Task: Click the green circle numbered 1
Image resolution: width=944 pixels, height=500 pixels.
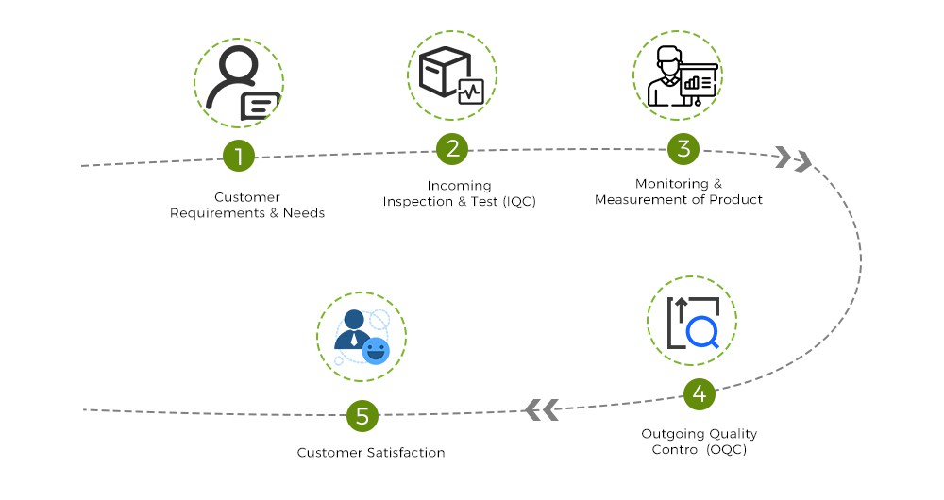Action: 239,156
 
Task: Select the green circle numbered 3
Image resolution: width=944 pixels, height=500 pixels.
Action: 683,148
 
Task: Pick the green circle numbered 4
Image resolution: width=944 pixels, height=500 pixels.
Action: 699,393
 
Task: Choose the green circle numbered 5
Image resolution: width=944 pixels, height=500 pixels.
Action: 362,415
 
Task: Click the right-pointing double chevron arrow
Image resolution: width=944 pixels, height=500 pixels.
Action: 793,159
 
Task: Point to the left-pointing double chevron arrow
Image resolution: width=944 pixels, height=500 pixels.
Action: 542,409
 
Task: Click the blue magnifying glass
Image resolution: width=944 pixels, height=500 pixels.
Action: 702,332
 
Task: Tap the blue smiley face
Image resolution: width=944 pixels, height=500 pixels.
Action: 376,350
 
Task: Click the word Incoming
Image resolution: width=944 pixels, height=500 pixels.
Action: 459,186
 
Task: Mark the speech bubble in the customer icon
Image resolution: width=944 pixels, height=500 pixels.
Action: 261,105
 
